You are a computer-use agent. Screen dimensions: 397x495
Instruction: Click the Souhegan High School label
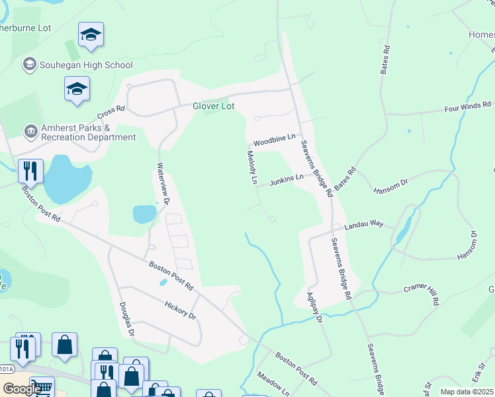pos(86,65)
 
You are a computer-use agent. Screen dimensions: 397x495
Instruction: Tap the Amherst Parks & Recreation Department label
pos(86,132)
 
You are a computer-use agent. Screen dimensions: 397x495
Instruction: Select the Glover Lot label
pos(213,106)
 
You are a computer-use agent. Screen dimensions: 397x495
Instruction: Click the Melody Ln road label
pos(251,167)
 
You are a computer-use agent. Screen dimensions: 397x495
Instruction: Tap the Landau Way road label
pos(363,224)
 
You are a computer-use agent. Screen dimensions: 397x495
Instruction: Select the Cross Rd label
pos(111,110)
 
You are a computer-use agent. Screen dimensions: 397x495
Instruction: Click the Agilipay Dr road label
pos(314,308)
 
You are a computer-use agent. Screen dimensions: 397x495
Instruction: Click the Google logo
pos(22,388)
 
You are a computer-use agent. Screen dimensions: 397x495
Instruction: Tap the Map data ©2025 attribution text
pos(467,392)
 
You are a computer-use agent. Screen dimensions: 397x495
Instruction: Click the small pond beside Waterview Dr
pos(144,214)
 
